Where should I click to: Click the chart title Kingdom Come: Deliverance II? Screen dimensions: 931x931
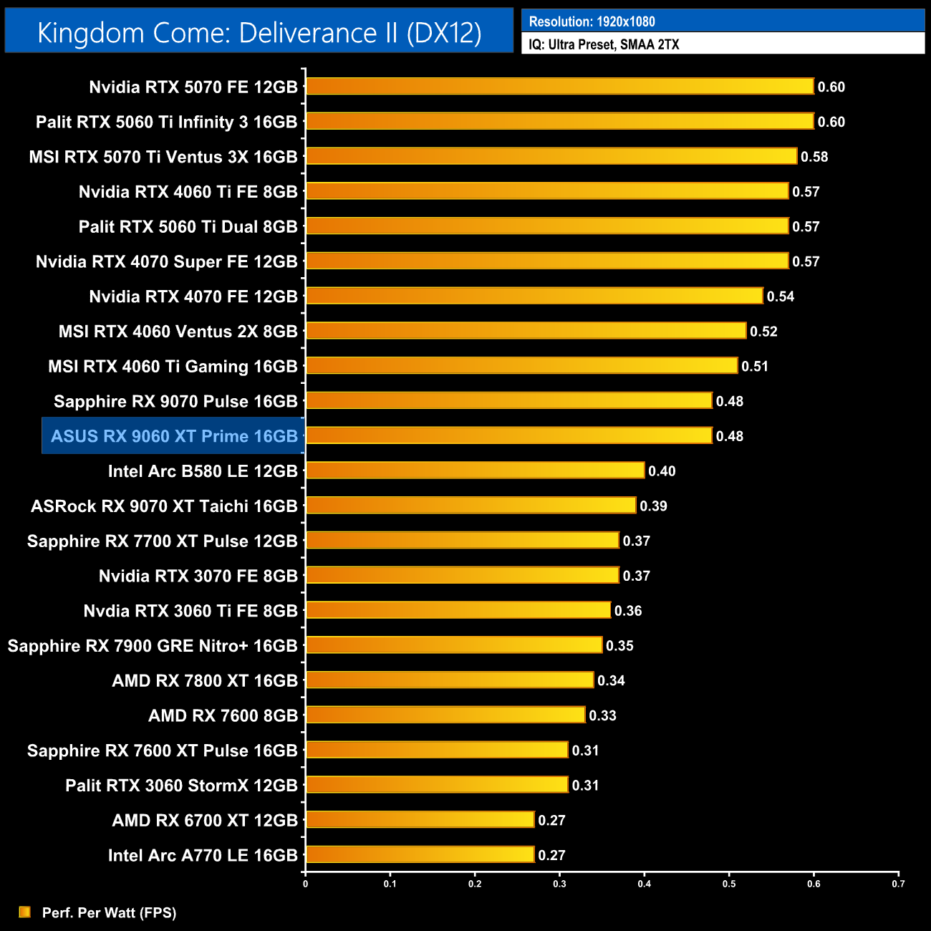[259, 32]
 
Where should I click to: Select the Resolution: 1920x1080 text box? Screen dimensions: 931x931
[592, 21]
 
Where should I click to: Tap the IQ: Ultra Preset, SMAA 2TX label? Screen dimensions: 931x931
[604, 44]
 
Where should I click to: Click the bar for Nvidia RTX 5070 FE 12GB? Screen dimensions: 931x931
[560, 87]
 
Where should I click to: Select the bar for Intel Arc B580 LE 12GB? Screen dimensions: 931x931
[475, 471]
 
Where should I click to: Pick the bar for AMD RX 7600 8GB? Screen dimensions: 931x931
[445, 715]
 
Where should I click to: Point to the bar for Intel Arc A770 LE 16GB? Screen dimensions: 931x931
[420, 854]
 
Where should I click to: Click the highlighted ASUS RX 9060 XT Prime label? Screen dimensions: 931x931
[174, 436]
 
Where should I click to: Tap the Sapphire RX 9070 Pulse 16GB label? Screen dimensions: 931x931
[175, 401]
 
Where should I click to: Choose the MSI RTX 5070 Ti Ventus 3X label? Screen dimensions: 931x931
[163, 157]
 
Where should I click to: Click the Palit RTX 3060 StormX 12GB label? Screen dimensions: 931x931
[181, 785]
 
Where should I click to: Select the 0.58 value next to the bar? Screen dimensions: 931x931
[814, 157]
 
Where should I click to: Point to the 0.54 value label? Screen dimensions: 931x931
[781, 296]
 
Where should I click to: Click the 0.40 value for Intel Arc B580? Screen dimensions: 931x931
[662, 471]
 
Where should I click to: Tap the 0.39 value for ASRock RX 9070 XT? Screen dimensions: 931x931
[653, 506]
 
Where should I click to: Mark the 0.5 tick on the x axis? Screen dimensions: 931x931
[729, 884]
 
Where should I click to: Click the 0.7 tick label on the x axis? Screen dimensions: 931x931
[898, 884]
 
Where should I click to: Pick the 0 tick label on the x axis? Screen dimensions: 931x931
[306, 884]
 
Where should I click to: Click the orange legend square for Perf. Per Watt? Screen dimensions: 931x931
[25, 912]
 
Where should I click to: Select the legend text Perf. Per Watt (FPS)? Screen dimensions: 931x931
[109, 912]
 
